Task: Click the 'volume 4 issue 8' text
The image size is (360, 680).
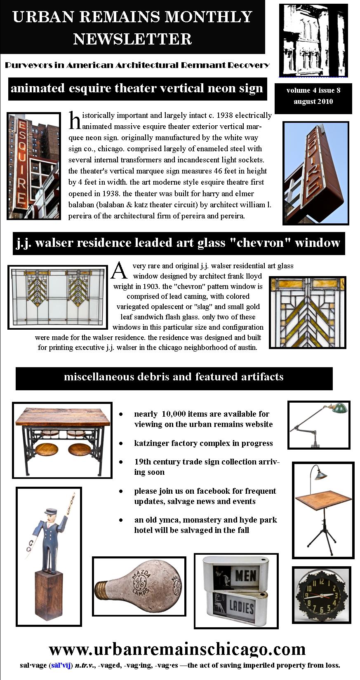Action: click(313, 90)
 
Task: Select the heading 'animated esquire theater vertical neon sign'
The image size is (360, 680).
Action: click(137, 88)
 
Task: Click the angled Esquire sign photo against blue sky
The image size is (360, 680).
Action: click(316, 173)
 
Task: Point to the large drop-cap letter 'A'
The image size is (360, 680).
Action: click(120, 270)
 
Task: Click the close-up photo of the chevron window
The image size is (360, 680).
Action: click(307, 312)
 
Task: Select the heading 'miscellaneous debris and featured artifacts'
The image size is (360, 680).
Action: click(174, 377)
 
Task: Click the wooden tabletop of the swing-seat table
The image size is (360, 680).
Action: click(62, 417)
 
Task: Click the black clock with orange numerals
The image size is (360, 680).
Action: click(322, 595)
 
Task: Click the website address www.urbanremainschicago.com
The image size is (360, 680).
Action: click(177, 649)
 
